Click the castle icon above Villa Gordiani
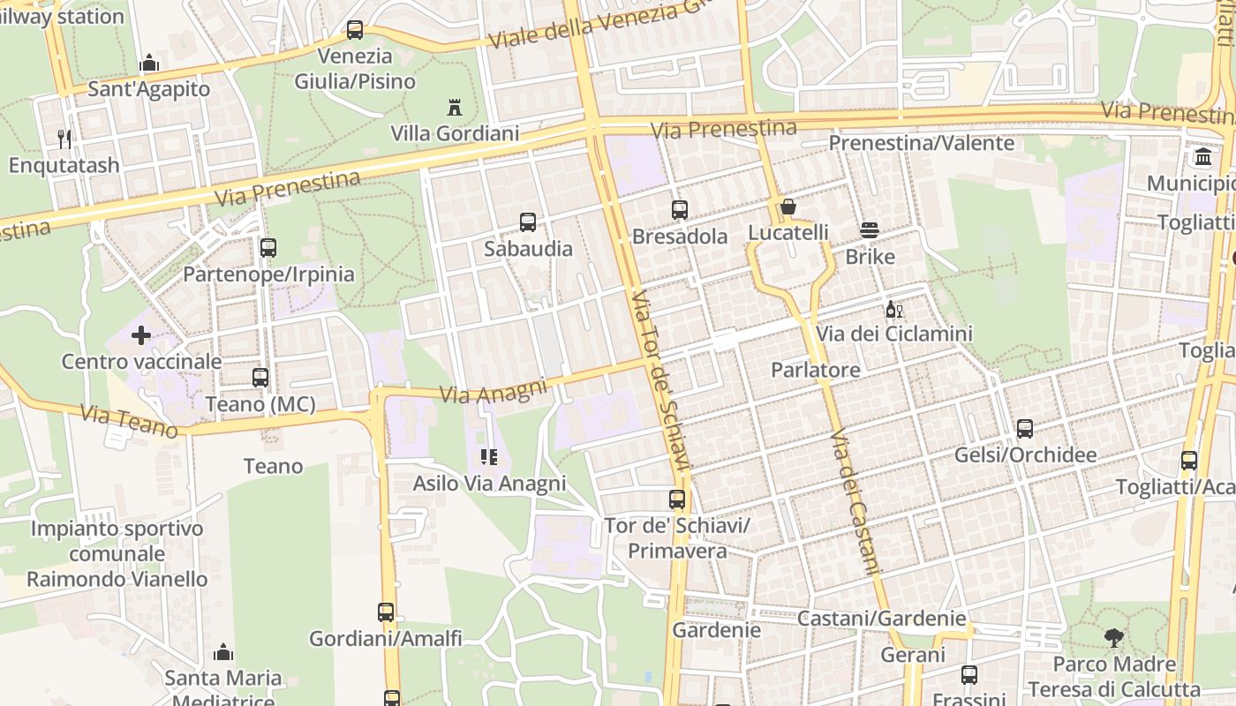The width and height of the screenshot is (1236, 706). [x=455, y=109]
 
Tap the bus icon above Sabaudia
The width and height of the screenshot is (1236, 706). [x=528, y=222]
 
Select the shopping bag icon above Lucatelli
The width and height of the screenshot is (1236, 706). [x=788, y=207]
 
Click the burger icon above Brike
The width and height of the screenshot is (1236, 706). [x=870, y=231]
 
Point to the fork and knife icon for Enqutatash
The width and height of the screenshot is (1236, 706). [x=64, y=139]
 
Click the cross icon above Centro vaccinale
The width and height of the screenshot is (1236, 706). [x=140, y=335]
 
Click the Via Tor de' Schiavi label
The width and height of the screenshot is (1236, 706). [x=662, y=379]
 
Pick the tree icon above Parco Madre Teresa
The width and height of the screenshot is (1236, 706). [x=1114, y=638]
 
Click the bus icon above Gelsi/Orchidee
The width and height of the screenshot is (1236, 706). [x=1025, y=429]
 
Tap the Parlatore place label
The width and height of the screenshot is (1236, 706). [x=815, y=370]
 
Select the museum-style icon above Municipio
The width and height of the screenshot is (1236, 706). [x=1202, y=157]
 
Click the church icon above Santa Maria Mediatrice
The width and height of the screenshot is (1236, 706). [x=223, y=652]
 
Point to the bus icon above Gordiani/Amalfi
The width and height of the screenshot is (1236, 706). [x=386, y=612]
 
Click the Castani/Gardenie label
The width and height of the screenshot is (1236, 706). [x=881, y=619]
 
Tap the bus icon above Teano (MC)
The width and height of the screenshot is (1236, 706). [x=260, y=378]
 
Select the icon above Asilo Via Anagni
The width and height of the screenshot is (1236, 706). [x=488, y=457]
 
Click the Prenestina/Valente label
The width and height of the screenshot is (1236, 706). [x=921, y=143]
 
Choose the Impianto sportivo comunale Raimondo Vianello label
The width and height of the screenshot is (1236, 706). [x=117, y=553]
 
